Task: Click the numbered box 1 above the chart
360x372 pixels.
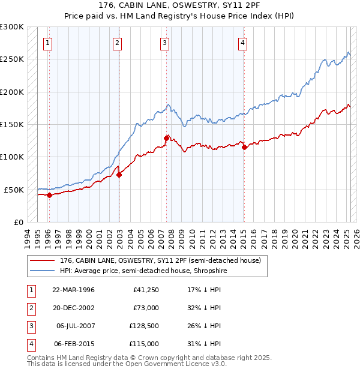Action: [47, 43]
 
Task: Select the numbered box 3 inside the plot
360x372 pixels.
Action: [164, 43]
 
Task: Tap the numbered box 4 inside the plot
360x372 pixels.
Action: [242, 43]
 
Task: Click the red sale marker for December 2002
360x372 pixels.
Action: [119, 175]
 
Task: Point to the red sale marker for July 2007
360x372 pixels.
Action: [166, 138]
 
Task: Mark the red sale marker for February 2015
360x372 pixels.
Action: [244, 147]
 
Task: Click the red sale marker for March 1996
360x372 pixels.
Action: [49, 195]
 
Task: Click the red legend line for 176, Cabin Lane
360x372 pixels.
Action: [43, 261]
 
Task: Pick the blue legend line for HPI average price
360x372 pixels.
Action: [43, 271]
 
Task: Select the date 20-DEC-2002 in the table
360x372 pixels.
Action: [73, 308]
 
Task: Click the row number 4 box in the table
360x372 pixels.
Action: [31, 344]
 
